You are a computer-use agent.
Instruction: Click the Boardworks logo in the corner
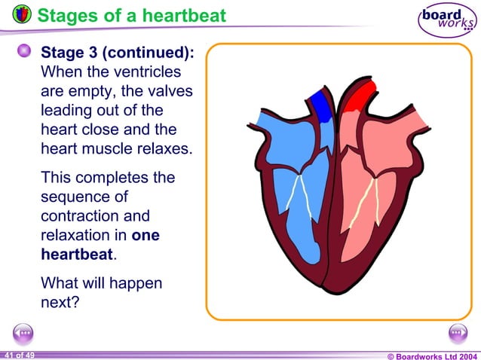coord(447,20)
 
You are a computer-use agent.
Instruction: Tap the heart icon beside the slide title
coord(23,14)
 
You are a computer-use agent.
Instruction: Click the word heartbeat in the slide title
coord(184,14)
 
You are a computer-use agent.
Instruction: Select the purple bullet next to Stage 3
coord(24,52)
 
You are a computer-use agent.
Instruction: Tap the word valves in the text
coord(172,92)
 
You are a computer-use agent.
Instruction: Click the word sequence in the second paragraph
coord(72,197)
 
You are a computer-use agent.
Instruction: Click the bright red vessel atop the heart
coord(360,96)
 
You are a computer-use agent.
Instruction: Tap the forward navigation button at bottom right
coord(457,333)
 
